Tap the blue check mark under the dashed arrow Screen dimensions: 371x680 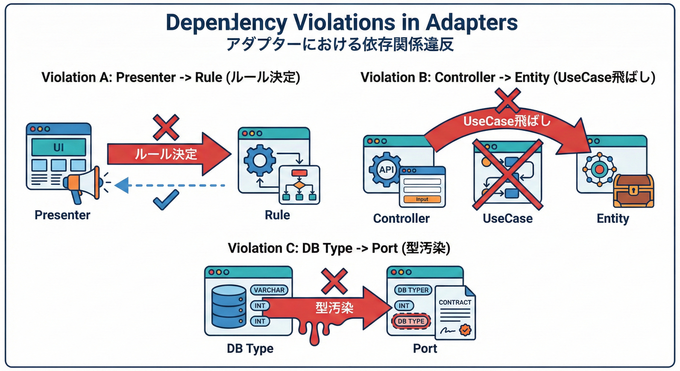pos(166,200)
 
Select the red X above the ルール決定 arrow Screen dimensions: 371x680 pos(166,127)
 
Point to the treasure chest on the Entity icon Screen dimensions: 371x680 pos(633,191)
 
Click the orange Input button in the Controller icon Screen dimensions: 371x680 pos(422,199)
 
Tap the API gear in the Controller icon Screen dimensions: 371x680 pos(384,169)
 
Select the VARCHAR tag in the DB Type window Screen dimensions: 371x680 pos(269,290)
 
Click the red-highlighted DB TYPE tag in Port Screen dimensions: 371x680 pos(410,321)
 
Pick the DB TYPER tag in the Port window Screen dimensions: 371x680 pos(412,290)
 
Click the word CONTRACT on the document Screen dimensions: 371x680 pos(455,302)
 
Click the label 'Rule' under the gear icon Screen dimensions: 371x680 pos(277,215)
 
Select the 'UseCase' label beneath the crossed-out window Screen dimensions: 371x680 pos(507,218)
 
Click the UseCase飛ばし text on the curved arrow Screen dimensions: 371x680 pos(507,121)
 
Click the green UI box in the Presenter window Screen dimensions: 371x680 pos(59,146)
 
